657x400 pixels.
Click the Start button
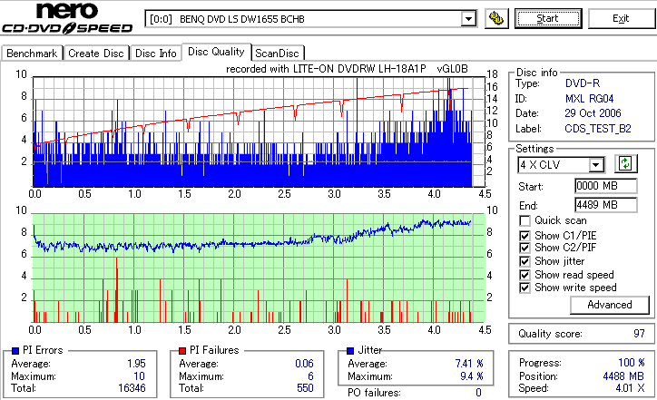(548, 18)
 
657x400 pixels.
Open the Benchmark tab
(32, 54)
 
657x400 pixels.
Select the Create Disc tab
(96, 54)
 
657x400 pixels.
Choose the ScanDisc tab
(279, 54)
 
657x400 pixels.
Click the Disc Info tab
(156, 54)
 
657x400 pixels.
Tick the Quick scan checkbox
(525, 220)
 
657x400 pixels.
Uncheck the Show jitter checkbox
(525, 261)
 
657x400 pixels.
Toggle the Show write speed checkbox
(525, 288)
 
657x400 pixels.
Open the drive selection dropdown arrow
(468, 18)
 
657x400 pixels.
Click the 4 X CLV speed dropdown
(560, 164)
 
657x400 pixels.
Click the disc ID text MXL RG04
(587, 97)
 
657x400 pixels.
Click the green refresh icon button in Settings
(625, 163)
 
